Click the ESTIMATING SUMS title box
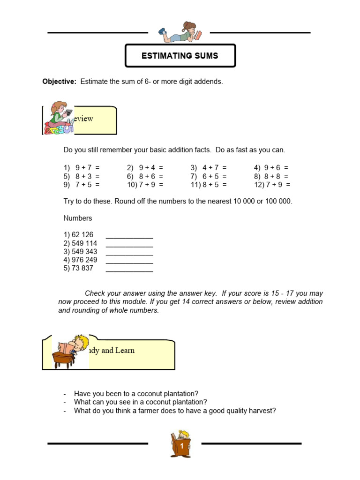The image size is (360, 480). click(180, 56)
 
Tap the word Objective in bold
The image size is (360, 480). click(59, 82)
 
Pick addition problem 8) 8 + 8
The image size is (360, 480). click(271, 176)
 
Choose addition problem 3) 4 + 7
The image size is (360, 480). click(209, 168)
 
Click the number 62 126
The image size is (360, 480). click(78, 234)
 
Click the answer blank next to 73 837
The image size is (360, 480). click(129, 269)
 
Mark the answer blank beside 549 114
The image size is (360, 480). click(129, 244)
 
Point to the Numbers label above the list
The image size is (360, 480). click(78, 218)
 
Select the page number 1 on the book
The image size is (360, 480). click(180, 447)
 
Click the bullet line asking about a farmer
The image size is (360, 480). click(174, 411)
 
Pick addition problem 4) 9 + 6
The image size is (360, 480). click(271, 168)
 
